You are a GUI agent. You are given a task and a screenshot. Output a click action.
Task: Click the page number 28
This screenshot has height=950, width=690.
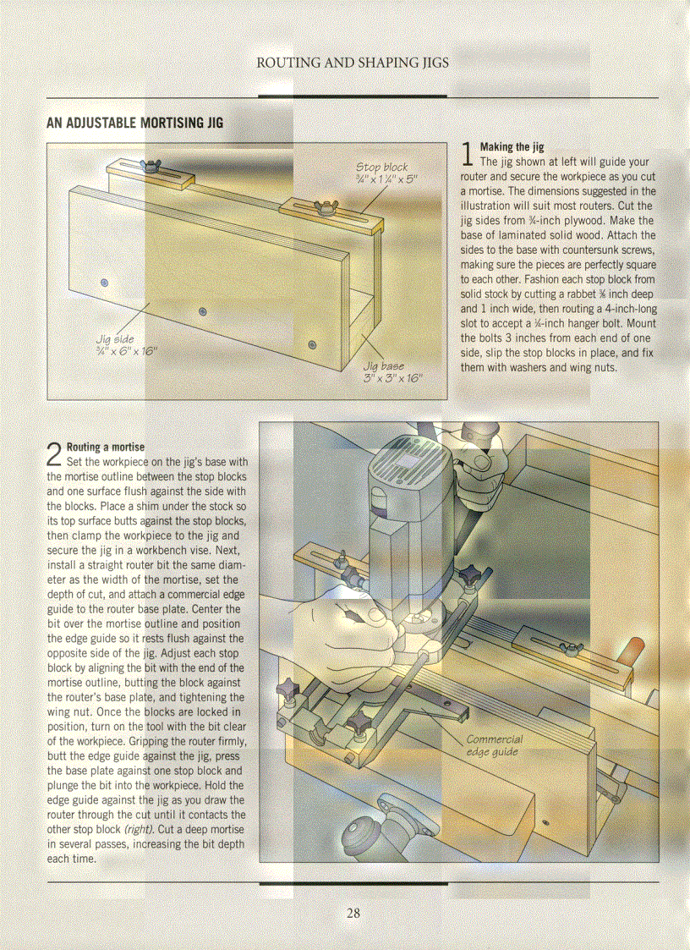tap(353, 913)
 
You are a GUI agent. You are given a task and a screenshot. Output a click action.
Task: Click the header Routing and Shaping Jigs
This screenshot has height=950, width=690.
tap(352, 63)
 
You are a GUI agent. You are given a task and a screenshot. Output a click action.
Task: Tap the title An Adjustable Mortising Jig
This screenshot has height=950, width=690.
tap(135, 123)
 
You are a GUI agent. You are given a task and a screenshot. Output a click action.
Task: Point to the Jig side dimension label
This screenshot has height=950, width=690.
tap(125, 345)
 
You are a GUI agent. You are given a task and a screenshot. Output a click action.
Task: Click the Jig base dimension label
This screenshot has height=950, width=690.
tap(392, 372)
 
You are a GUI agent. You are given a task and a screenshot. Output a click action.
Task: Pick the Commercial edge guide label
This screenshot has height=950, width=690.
tap(494, 745)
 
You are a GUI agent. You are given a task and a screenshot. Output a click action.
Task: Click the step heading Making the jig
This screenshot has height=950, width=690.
tap(512, 147)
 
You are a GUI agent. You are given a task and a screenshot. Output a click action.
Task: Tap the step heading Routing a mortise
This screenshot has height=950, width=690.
tap(105, 447)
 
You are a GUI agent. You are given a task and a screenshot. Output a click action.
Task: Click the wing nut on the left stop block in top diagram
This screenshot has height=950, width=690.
tap(157, 172)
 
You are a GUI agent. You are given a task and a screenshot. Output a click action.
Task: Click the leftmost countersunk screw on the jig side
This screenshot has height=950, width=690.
tap(104, 282)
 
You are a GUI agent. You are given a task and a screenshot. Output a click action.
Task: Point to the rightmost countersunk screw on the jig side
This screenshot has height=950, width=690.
tap(312, 344)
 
